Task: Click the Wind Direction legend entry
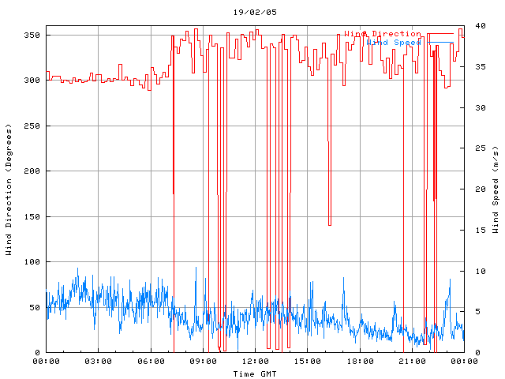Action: pos(383,34)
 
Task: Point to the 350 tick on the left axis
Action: pos(32,36)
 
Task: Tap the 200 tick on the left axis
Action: pos(32,171)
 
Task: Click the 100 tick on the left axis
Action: pos(32,262)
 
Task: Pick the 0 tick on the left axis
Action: pos(37,353)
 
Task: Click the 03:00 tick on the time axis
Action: pos(99,362)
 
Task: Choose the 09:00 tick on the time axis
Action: pos(203,362)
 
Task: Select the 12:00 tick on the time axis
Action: pos(255,362)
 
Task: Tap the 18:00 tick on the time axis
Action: pos(359,362)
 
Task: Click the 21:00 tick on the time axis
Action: pos(411,362)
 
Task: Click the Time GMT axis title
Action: pos(254,373)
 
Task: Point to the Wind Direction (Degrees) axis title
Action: pos(9,189)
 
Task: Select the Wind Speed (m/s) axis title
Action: pos(496,189)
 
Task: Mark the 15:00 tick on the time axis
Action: pos(307,362)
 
